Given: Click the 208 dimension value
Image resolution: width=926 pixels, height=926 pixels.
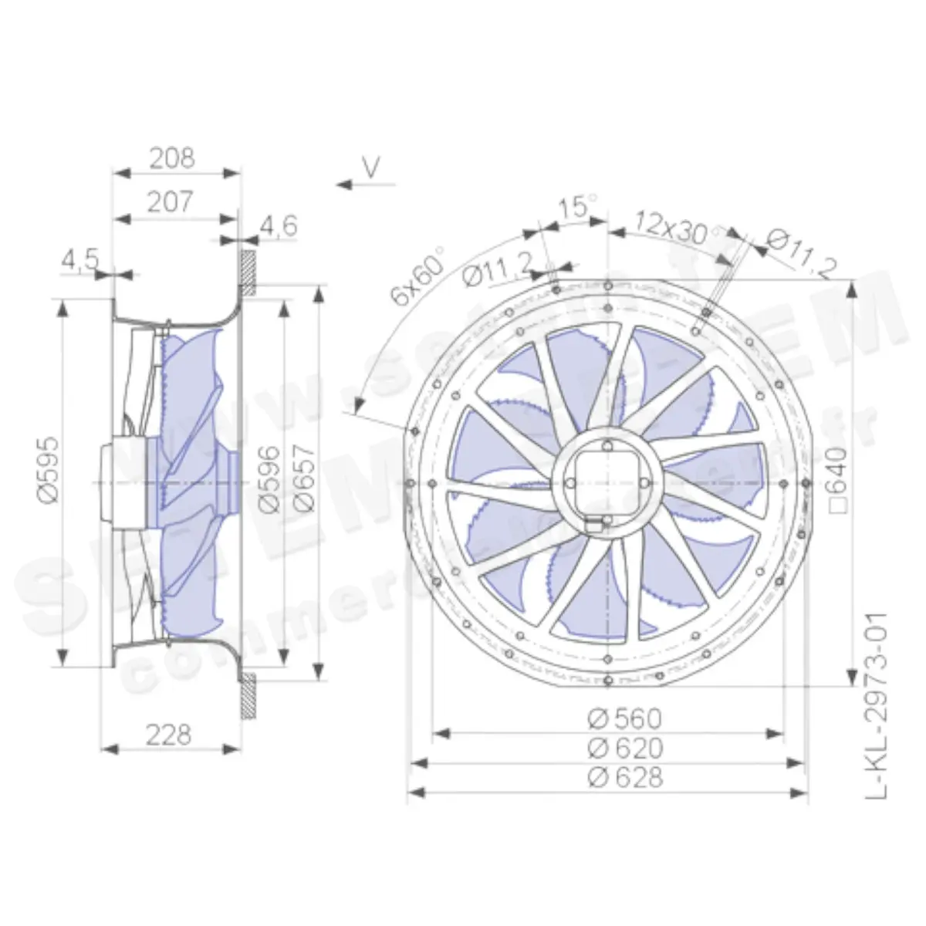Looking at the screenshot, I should click(172, 158).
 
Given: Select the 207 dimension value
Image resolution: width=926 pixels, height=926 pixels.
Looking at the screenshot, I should click(170, 202).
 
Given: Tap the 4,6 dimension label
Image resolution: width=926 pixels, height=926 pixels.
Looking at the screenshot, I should click(277, 226).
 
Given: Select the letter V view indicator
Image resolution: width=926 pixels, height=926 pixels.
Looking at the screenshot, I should click(372, 168).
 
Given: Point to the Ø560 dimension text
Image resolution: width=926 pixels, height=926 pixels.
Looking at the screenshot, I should click(624, 718).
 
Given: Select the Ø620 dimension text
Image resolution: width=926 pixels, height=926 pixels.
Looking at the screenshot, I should click(624, 748).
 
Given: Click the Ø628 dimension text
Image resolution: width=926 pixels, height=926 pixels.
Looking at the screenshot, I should click(624, 777).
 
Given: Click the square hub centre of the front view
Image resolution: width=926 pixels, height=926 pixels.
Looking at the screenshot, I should click(609, 481).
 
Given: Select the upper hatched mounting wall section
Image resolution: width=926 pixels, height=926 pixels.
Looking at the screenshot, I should click(248, 268).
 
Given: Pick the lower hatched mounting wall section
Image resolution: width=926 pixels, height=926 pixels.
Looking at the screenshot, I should click(248, 695).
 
